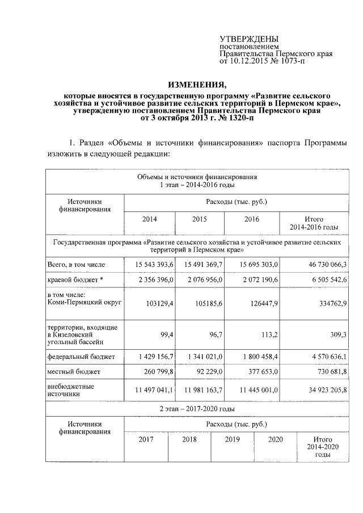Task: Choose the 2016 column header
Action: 251,219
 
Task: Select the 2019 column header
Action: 233,439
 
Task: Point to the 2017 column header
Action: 146,439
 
